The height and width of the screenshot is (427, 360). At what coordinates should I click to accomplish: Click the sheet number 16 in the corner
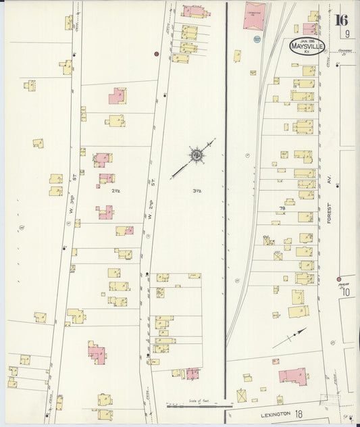coord(342,19)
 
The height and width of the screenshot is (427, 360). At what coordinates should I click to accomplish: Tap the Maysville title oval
coord(307,47)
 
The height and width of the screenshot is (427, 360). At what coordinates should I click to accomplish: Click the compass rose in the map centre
coord(197,156)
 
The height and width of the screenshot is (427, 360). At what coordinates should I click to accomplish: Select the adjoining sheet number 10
coord(346,293)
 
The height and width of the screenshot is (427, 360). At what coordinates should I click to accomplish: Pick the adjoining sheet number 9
coord(346,34)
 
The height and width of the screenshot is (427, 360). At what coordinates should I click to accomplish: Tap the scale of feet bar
coord(195,406)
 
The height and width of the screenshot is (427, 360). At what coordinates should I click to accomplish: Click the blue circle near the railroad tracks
coord(257,40)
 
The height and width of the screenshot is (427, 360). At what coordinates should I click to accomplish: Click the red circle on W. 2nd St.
coord(157,53)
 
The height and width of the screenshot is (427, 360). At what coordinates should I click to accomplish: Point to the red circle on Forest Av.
coord(338,278)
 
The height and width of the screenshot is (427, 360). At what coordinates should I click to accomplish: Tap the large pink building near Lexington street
coord(293,376)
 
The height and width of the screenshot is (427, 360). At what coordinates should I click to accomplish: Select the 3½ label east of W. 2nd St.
coord(197,191)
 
